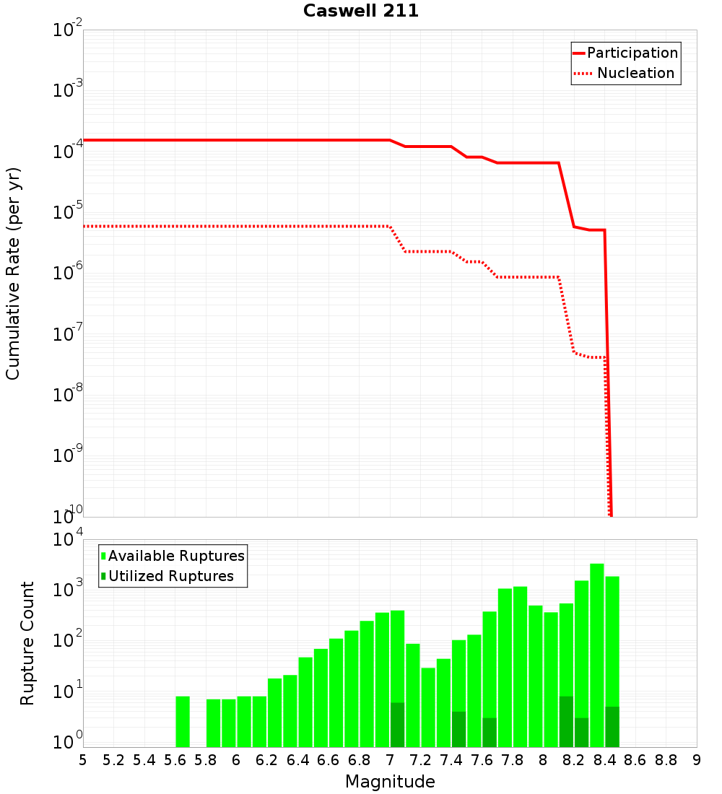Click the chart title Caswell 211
coord(361,12)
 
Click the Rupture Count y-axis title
coord(27,642)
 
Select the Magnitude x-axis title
coord(390,782)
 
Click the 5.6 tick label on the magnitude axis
coord(175,760)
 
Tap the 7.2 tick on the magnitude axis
coord(420,760)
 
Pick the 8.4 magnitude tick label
coord(604,760)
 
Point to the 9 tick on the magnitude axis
coord(696,760)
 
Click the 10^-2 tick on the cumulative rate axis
coord(68,30)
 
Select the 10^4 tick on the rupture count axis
coord(68,540)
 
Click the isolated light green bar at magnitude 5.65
coord(183,721)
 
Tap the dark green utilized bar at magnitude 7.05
coord(397,725)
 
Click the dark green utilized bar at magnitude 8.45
coord(612,727)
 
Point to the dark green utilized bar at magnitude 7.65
coord(490,732)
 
